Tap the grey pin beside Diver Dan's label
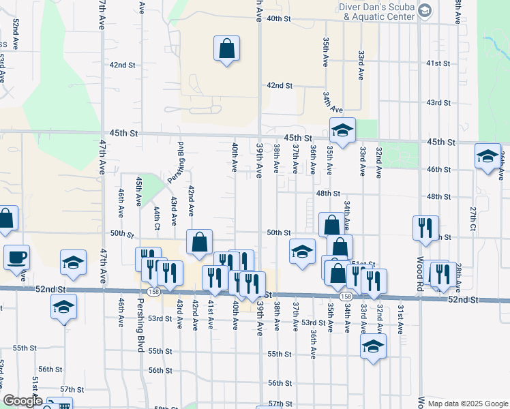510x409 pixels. point(425,11)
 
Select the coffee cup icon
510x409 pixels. point(16,258)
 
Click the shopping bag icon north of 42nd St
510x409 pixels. point(226,50)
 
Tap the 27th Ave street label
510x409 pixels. point(472,218)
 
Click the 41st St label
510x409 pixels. point(438,63)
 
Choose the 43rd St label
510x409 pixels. point(438,102)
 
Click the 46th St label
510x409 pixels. point(438,168)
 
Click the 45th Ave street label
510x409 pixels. point(138,192)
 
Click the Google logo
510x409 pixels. point(22,401)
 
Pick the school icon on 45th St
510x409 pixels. point(342,129)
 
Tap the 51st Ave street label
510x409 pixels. point(35,389)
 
